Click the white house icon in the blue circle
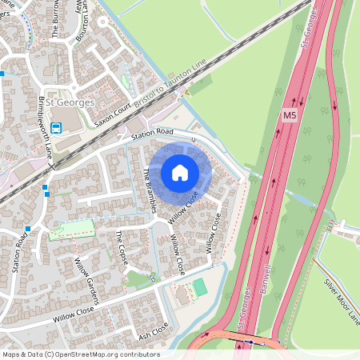tap(179, 172)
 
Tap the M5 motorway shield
tap(290, 117)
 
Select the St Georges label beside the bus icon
tap(70, 102)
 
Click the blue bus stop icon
tap(57, 128)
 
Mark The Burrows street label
tap(56, 20)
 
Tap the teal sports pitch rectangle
tap(199, 286)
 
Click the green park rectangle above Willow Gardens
tap(68, 230)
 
